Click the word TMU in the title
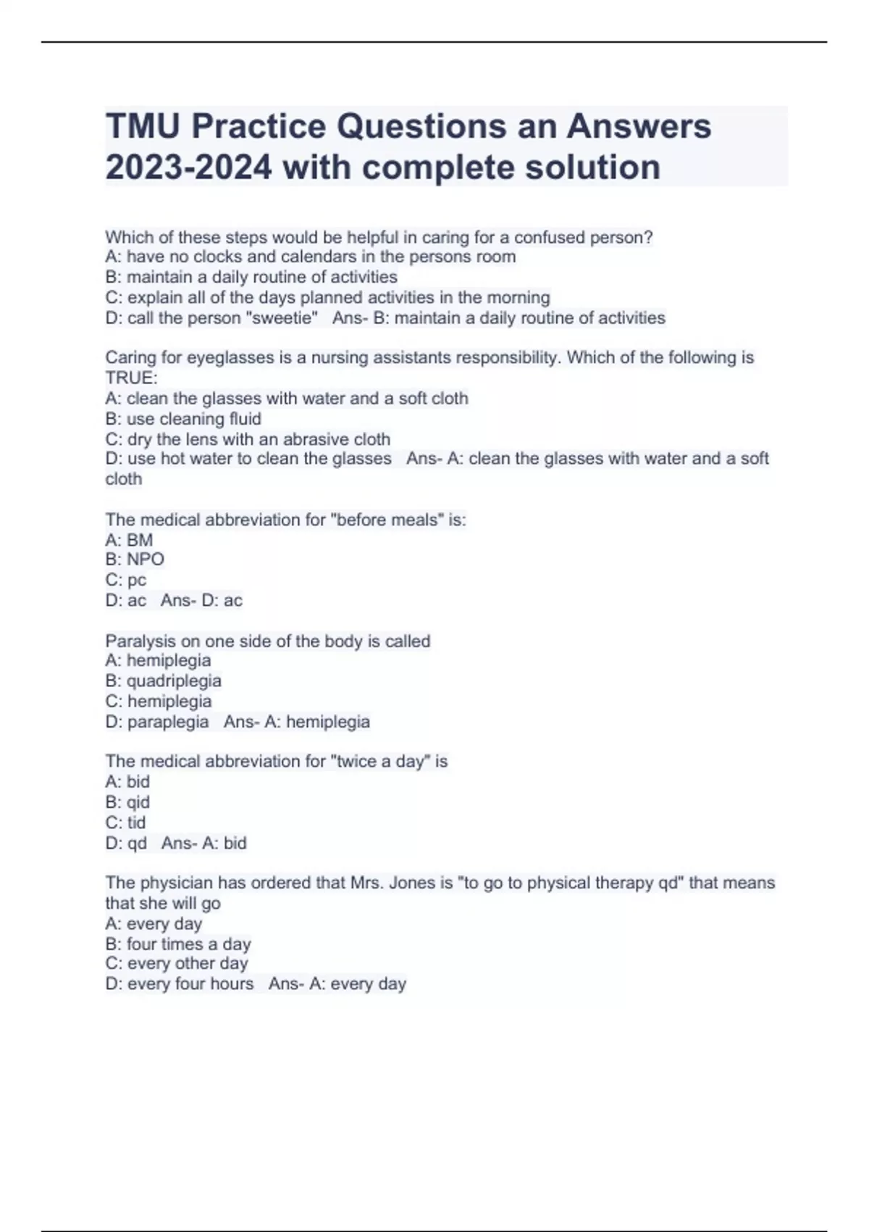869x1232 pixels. (143, 126)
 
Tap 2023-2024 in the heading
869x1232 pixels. (188, 167)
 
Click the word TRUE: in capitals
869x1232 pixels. (131, 378)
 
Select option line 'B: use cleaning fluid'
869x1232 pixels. (183, 419)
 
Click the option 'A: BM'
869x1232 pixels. (129, 540)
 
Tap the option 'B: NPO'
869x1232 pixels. (135, 559)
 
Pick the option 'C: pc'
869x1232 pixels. (126, 580)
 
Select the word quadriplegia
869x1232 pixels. (174, 680)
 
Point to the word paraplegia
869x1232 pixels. (168, 722)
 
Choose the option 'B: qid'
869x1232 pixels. (127, 802)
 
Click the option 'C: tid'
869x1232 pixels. (125, 823)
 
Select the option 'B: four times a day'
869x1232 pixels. (178, 944)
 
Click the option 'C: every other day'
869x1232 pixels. (177, 963)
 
